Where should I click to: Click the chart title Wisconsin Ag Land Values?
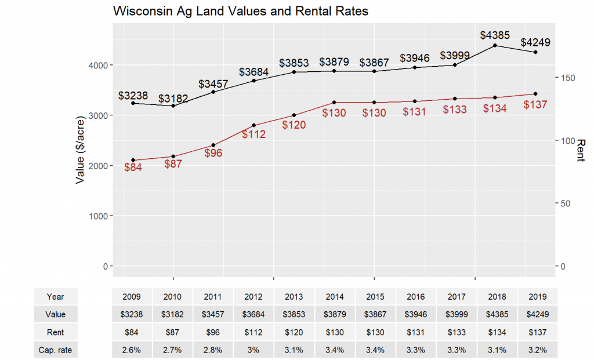click(240, 11)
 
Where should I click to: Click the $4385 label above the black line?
click(495, 35)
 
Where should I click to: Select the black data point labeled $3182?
click(173, 106)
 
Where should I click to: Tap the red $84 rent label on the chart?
click(133, 168)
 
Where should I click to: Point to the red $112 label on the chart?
click(253, 134)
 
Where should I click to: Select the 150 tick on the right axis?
click(569, 78)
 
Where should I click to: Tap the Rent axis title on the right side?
click(581, 150)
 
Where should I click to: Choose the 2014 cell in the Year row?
click(335, 297)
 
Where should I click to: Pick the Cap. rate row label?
click(56, 350)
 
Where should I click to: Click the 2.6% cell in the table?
click(132, 350)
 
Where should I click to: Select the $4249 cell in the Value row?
click(537, 315)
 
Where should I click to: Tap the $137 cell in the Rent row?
click(537, 333)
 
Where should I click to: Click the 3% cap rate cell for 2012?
click(253, 350)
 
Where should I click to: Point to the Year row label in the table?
click(56, 297)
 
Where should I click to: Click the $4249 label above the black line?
click(535, 42)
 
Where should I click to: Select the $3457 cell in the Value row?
click(213, 315)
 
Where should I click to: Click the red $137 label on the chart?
click(535, 105)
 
